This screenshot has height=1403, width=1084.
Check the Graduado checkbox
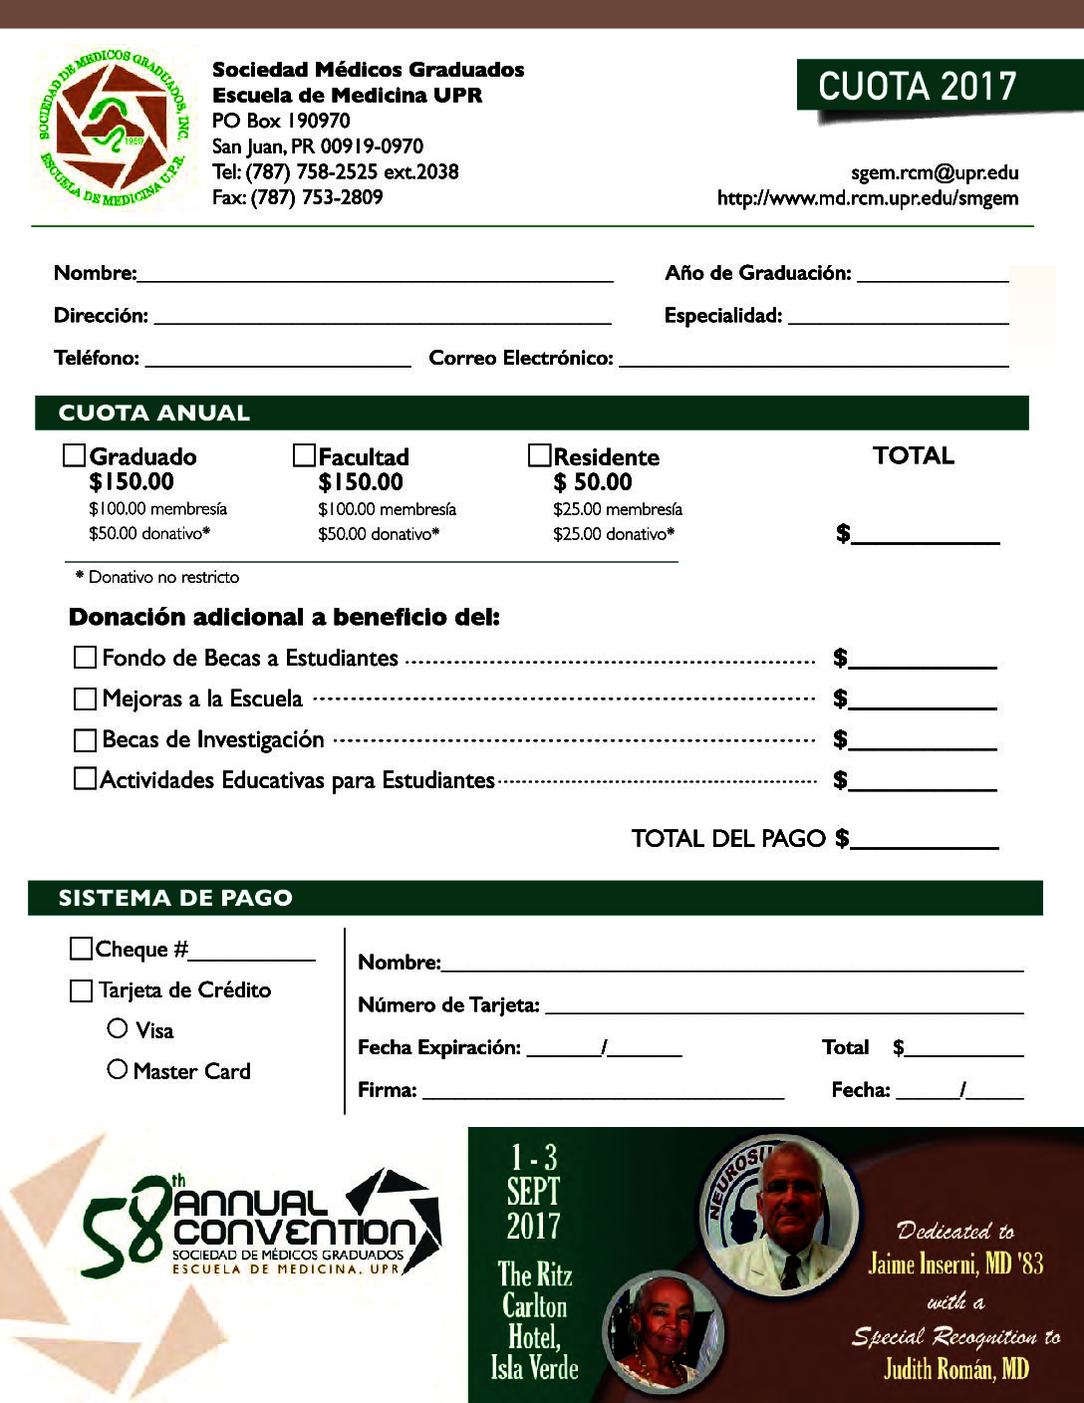[x=74, y=456]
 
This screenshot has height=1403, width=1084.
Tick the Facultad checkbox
[x=304, y=456]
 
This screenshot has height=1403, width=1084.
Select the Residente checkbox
[x=539, y=456]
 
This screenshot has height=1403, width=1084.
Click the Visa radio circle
[x=118, y=1028]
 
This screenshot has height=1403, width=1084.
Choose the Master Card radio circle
[x=118, y=1069]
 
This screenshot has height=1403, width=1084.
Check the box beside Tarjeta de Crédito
[x=81, y=990]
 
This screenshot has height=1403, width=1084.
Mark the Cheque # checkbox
[x=81, y=949]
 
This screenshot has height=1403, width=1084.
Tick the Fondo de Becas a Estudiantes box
[x=85, y=658]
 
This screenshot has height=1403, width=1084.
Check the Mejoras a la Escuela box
[x=85, y=700]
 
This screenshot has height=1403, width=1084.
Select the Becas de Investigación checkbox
[x=85, y=740]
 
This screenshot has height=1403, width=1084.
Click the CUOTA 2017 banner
[x=917, y=87]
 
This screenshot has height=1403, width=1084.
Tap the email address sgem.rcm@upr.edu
[x=935, y=172]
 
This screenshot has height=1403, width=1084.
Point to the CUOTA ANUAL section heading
[x=154, y=413]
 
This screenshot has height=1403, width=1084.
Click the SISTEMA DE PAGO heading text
[x=175, y=898]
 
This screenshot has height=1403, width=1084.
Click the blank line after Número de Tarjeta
[x=784, y=1006]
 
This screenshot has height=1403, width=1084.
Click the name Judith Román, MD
[x=955, y=1369]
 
